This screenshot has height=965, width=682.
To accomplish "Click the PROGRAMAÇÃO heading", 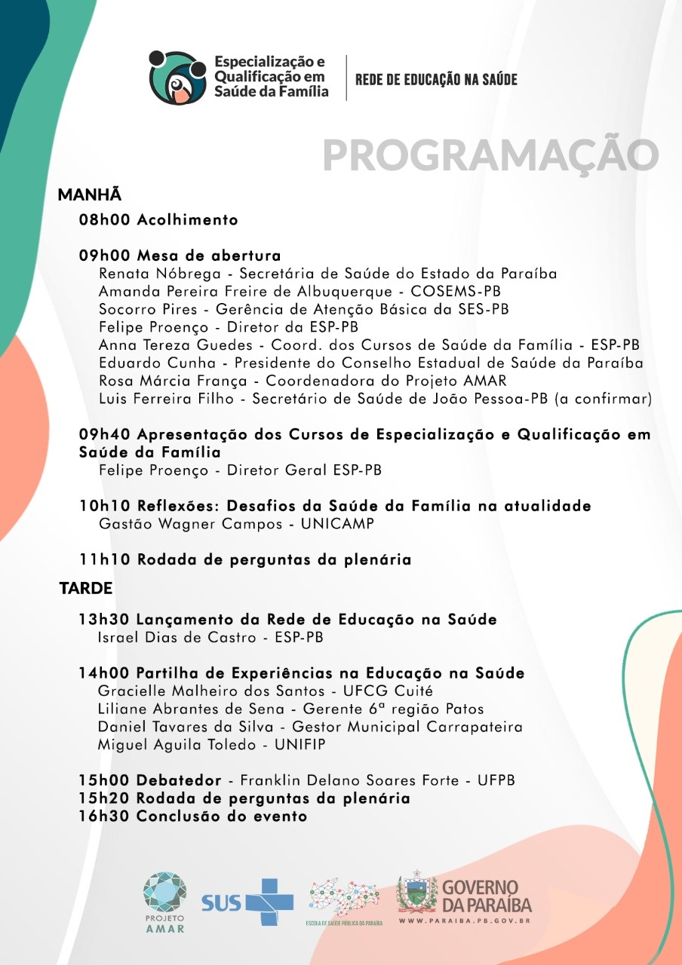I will (x=490, y=155).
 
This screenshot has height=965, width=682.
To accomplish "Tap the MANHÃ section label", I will (x=90, y=195).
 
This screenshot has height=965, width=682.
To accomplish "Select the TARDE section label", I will (x=86, y=588).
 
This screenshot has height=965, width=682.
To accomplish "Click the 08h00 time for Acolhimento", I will (x=105, y=220).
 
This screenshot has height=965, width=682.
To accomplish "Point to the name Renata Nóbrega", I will (x=149, y=274).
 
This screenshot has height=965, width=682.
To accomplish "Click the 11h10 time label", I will (x=105, y=559).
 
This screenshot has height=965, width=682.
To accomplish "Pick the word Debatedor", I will (x=179, y=780).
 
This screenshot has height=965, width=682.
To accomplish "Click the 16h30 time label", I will (x=105, y=816).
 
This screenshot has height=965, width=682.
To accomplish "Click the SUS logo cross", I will (x=267, y=902).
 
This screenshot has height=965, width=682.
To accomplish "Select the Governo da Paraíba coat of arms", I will (x=417, y=895).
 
